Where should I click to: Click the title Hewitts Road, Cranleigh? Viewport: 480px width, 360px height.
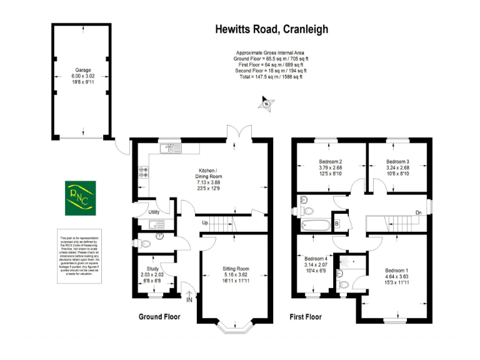pos(271,29)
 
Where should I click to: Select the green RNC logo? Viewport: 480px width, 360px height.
pos(81,197)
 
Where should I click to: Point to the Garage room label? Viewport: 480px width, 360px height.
pos(82,71)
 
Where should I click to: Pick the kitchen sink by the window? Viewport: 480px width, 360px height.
pos(169,149)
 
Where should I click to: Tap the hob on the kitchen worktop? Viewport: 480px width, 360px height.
pos(142,171)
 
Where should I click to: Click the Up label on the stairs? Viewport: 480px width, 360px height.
pos(205,223)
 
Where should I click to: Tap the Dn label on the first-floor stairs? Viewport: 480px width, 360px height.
pos(418,213)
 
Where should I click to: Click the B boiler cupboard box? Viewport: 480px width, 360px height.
pos(337,223)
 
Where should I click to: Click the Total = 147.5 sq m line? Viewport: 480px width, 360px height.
pos(271,77)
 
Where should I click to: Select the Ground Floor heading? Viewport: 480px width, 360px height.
pos(159,317)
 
